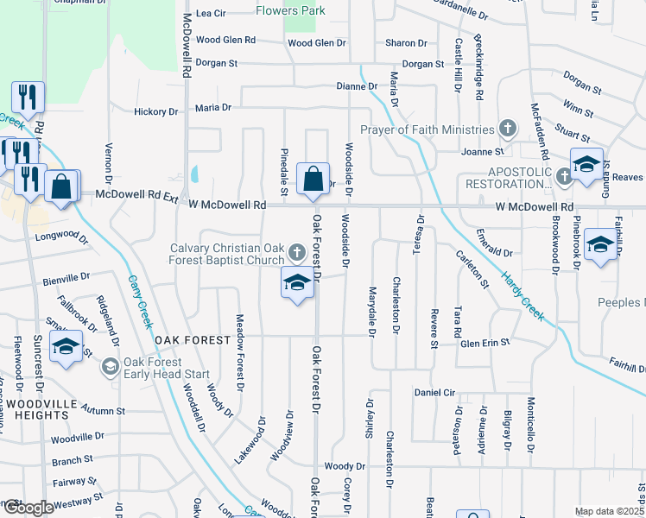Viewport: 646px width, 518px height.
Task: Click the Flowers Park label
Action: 290,11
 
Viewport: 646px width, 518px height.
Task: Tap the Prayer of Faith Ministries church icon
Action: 509,129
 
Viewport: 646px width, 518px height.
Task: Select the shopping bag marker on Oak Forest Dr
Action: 313,179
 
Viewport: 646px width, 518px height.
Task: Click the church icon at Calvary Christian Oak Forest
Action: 296,253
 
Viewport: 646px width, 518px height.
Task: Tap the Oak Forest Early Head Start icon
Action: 110,367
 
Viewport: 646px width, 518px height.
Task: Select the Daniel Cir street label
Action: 434,392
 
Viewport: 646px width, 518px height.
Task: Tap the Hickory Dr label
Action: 155,111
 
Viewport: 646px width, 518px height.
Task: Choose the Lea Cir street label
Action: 211,14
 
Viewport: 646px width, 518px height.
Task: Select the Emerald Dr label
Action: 496,254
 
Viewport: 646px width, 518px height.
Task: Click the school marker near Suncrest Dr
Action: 65,348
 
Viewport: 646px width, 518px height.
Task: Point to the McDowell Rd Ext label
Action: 136,195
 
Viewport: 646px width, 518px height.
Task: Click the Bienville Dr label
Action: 66,279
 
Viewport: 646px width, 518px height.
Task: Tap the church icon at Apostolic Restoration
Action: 564,175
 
